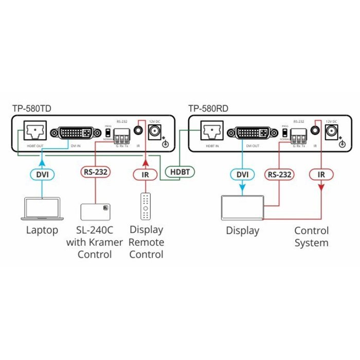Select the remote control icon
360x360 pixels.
pos(147,206)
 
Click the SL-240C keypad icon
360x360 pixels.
pos(96,212)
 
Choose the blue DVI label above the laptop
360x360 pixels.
pos(42,174)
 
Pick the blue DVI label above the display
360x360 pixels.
pos(242,174)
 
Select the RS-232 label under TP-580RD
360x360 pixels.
pos(279,174)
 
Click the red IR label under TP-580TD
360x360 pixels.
pos(146,174)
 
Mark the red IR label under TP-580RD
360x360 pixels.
pos(321,174)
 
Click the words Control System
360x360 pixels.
pos(311,237)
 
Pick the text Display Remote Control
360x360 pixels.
pos(146,242)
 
